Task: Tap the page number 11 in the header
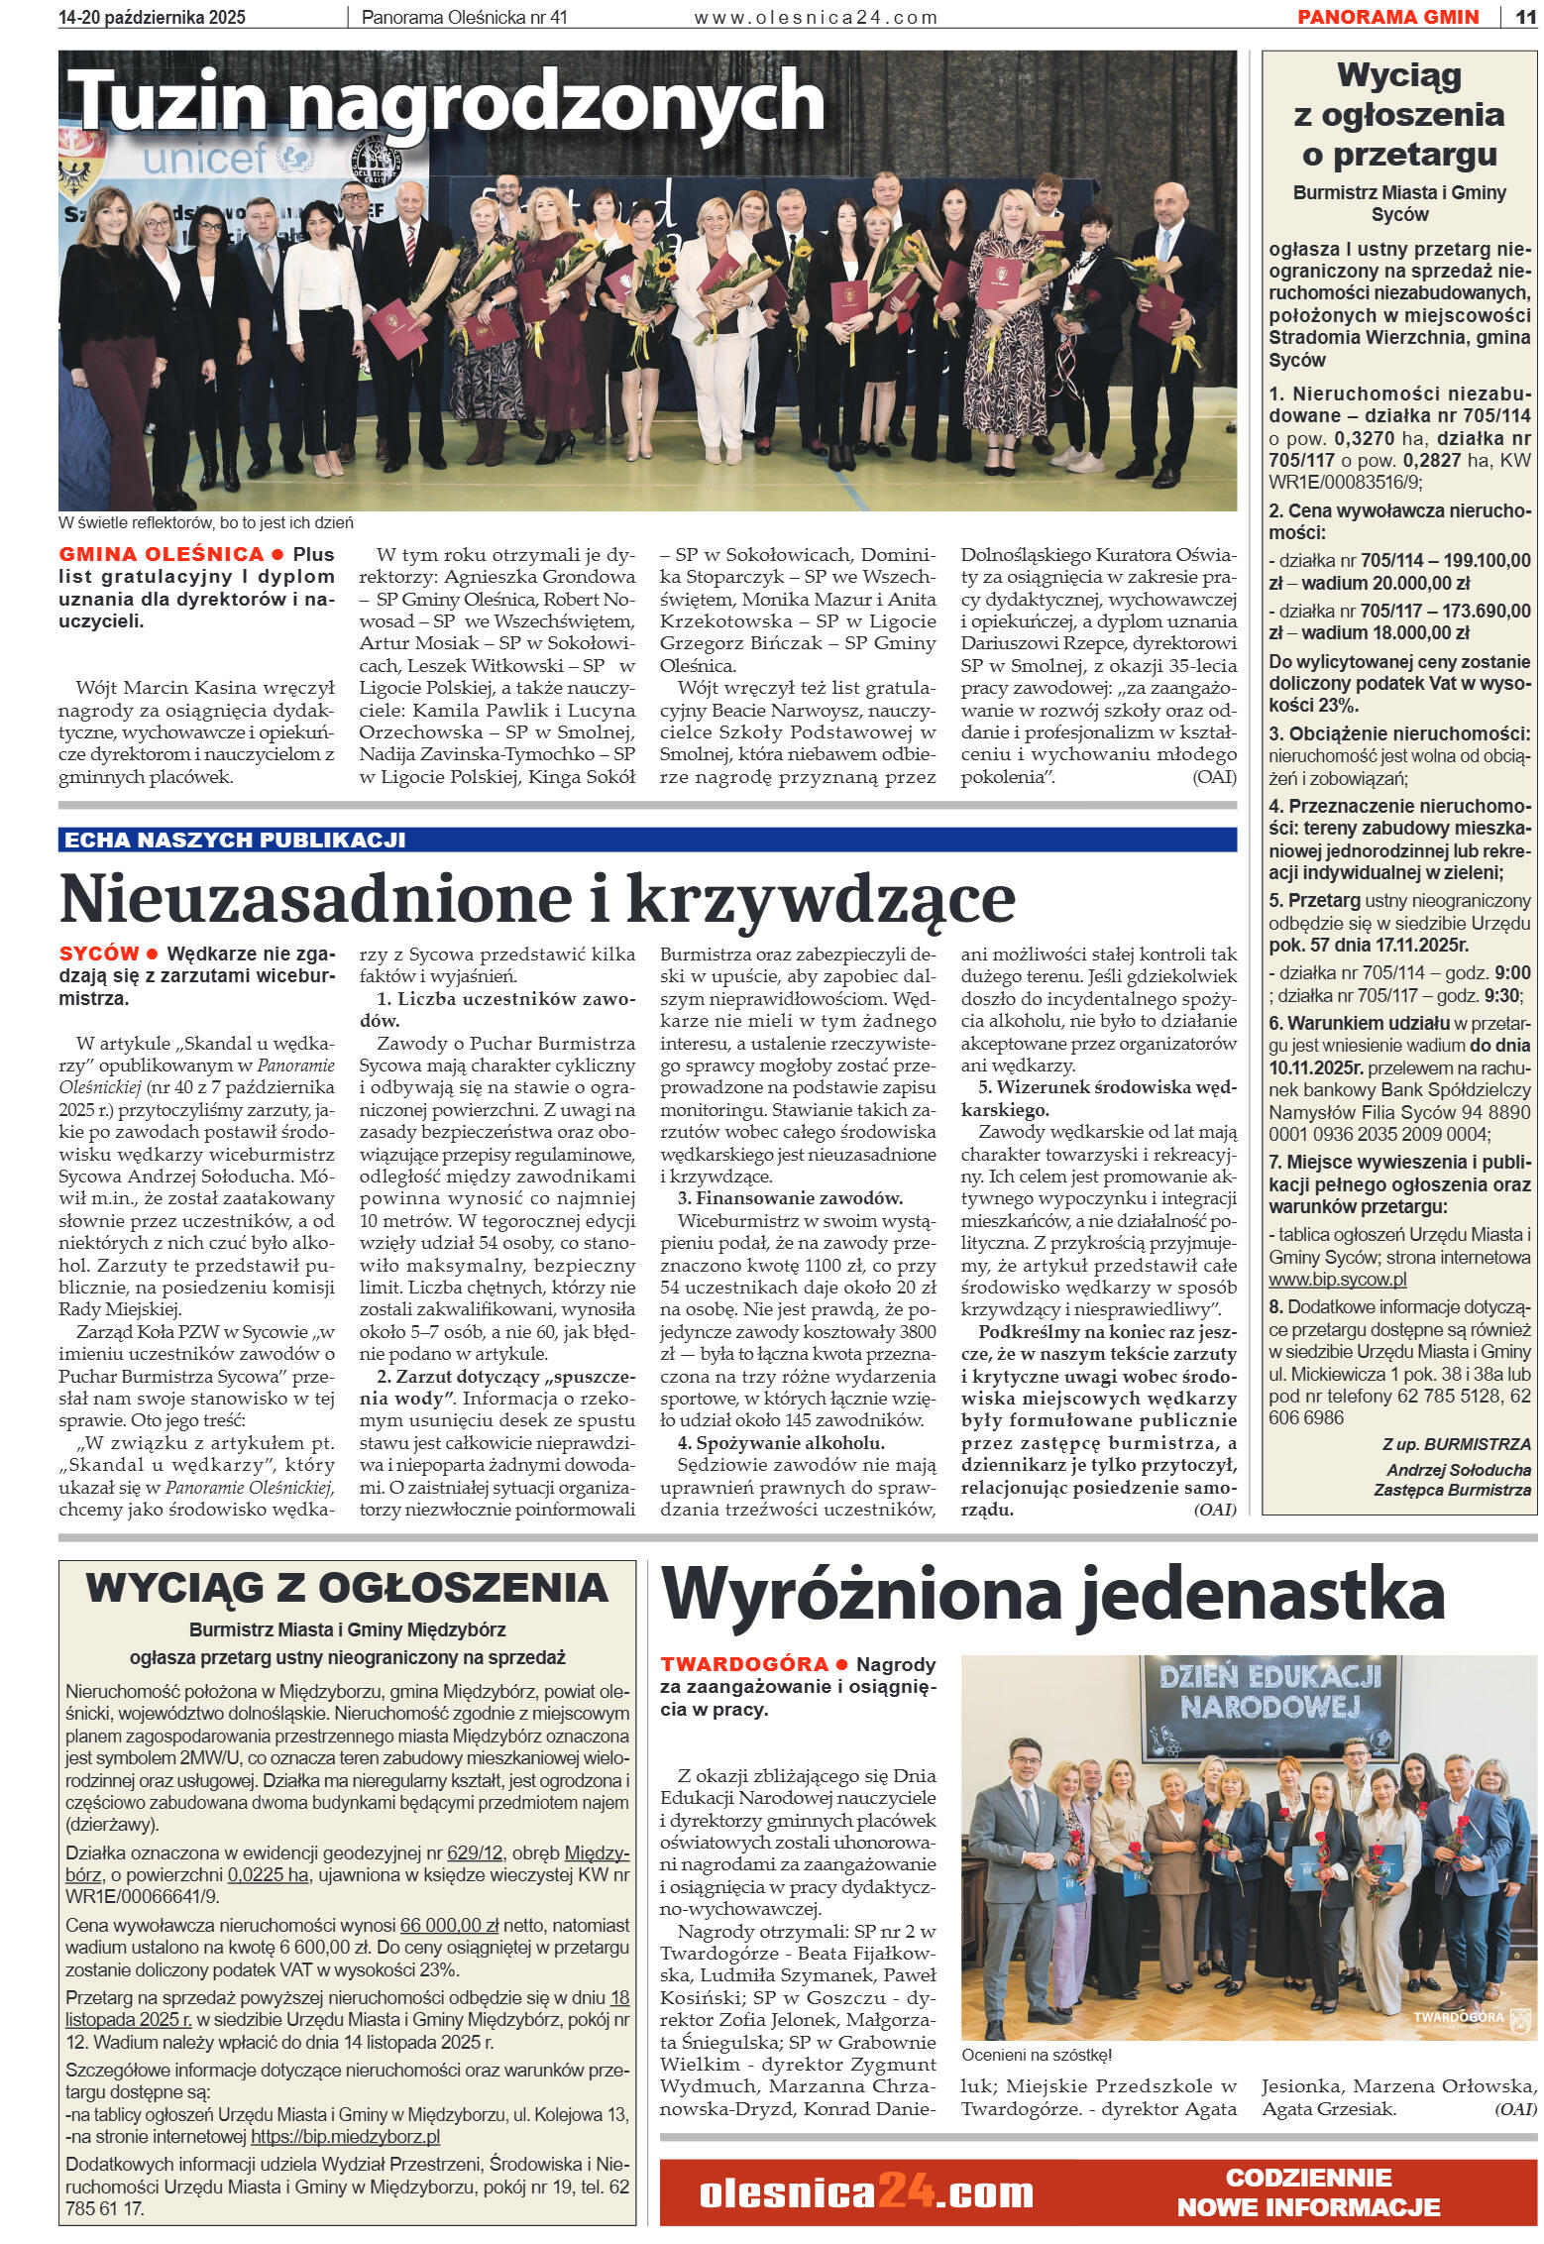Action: click(1524, 17)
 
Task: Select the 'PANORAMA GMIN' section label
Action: click(1387, 17)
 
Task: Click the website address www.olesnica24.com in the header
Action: click(815, 17)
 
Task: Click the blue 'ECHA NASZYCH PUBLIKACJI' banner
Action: click(234, 840)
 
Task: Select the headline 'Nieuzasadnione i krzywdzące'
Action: click(537, 898)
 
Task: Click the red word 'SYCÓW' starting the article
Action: click(99, 954)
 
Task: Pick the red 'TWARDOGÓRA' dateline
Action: click(743, 1664)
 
